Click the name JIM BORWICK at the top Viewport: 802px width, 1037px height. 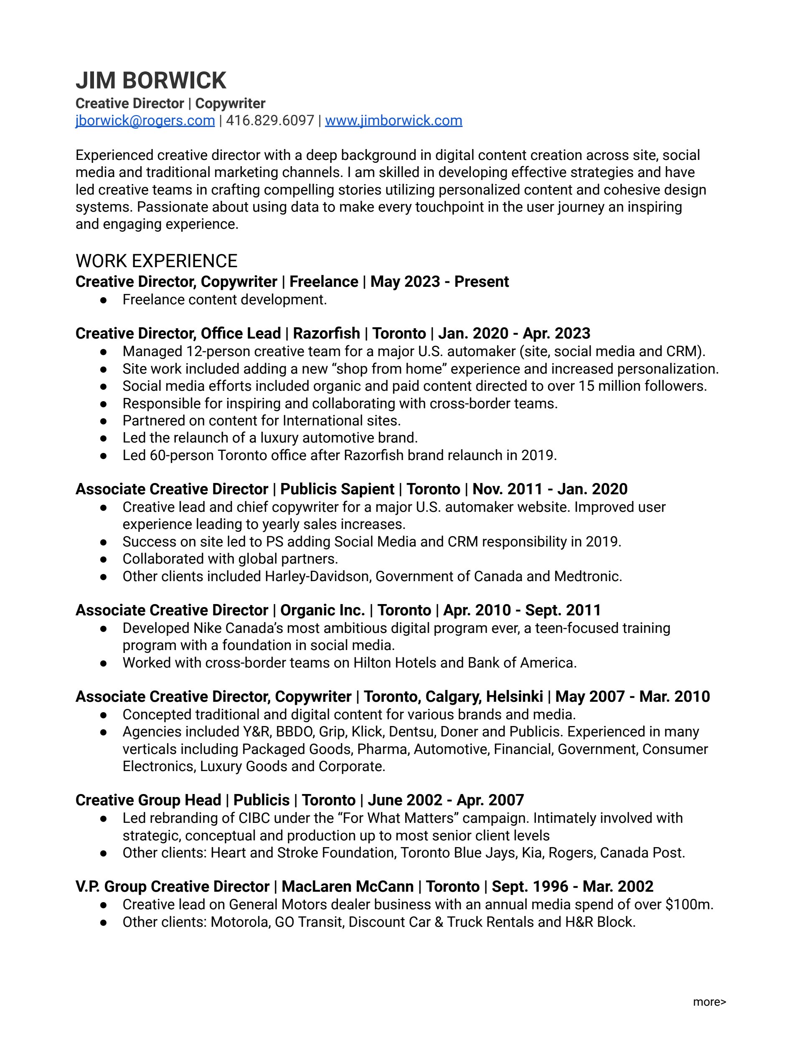tap(151, 81)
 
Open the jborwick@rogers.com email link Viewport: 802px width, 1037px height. tap(145, 121)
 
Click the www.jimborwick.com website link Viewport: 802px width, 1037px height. tap(393, 121)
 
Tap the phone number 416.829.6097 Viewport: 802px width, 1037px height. tap(270, 121)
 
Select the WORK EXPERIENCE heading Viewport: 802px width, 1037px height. tap(156, 261)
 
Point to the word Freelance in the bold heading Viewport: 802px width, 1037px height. tap(324, 281)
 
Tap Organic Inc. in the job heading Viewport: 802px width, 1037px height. tap(322, 610)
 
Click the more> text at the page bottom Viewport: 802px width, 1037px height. tap(709, 1002)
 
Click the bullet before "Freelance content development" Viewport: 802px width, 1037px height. tap(103, 300)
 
